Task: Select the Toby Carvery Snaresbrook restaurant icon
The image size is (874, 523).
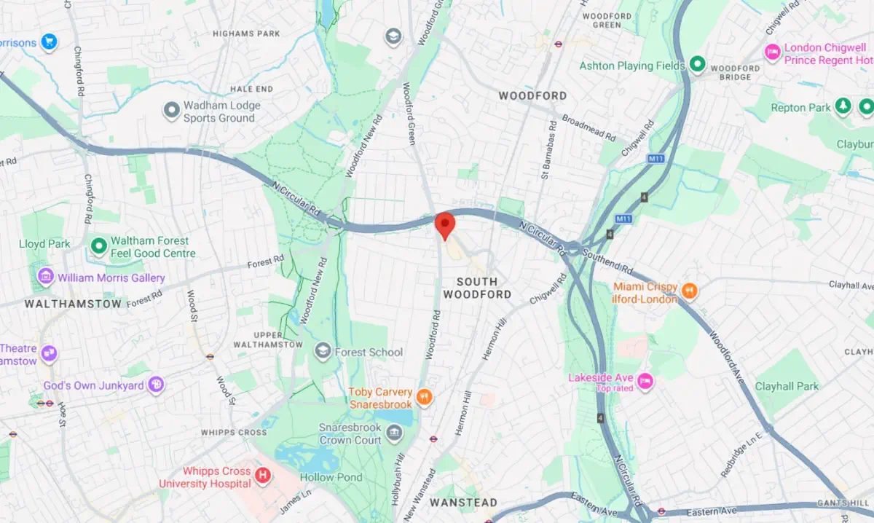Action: [x=425, y=398]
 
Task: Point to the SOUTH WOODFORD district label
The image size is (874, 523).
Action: [x=477, y=288]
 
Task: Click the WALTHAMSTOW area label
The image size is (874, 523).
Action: [x=73, y=304]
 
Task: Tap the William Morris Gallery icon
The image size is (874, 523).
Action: [x=46, y=278]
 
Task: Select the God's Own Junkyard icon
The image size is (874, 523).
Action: [x=156, y=385]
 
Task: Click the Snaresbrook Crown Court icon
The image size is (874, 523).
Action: [x=394, y=435]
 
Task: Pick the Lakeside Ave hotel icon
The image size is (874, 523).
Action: [x=645, y=381]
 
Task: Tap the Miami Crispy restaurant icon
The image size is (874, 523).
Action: [x=689, y=292]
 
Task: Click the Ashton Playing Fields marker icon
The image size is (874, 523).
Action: [x=697, y=66]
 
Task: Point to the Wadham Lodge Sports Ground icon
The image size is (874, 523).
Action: [x=172, y=111]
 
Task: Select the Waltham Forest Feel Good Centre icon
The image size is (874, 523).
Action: [x=98, y=246]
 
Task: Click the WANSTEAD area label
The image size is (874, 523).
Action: [x=463, y=503]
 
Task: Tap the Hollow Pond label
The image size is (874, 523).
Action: [x=327, y=478]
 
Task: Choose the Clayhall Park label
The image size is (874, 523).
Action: [x=787, y=386]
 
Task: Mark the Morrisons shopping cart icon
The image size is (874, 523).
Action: [x=49, y=42]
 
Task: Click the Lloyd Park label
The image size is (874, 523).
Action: [x=44, y=243]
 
